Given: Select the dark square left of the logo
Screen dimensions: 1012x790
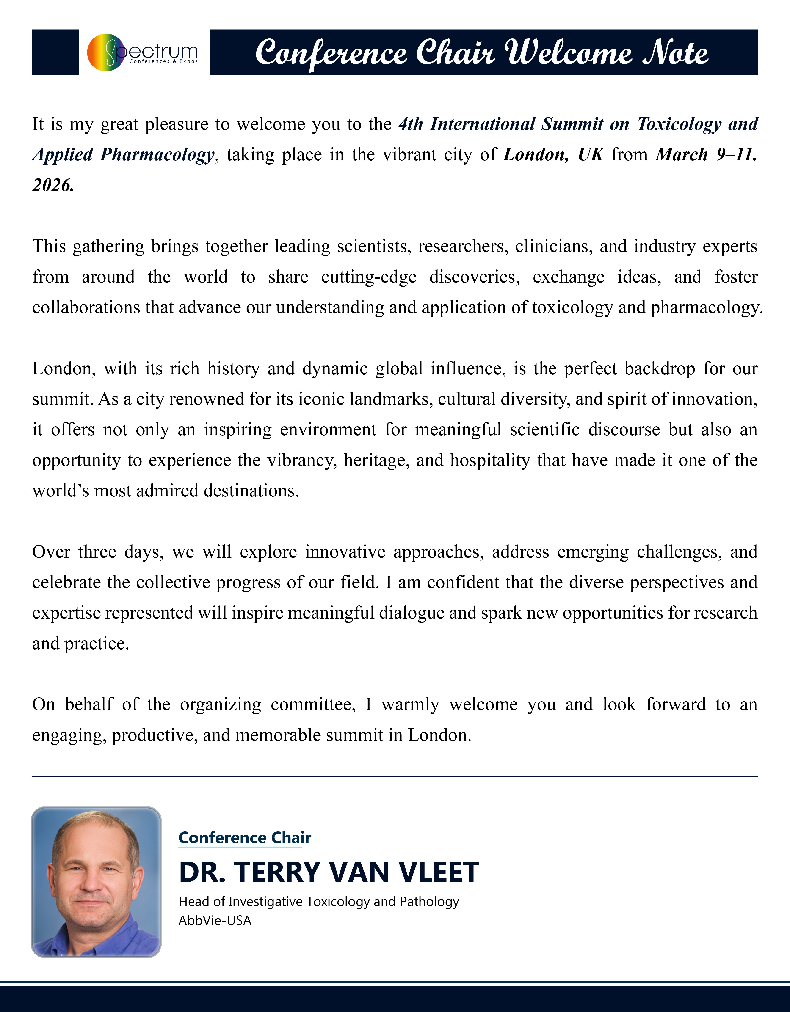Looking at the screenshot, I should (55, 52).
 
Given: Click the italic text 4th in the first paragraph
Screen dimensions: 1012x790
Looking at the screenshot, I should (410, 124).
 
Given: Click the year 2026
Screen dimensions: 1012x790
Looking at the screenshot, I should (53, 185).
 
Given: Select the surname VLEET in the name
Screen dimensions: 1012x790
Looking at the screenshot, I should (439, 872).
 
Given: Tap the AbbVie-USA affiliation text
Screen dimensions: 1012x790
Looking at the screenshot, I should (215, 921).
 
